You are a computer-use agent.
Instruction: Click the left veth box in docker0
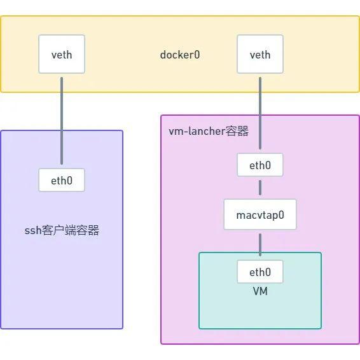62,55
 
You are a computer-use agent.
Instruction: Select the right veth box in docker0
260,55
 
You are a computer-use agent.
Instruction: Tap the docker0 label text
180,55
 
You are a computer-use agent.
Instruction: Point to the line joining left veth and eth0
62,121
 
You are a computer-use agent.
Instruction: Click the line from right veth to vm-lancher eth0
260,114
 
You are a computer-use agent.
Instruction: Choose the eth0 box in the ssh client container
62,181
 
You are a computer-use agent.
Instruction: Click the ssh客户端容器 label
62,230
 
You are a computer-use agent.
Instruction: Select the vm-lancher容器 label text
208,132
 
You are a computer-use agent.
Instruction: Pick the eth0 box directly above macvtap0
260,165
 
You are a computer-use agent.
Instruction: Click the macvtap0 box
260,215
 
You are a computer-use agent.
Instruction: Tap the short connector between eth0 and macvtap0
260,189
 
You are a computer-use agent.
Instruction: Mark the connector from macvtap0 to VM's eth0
260,245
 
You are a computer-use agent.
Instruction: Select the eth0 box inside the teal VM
260,272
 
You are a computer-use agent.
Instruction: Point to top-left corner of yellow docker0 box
1,17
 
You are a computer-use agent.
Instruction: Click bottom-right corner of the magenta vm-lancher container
359,343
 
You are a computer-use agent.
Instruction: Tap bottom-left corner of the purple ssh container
1,328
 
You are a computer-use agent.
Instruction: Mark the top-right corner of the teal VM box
321,253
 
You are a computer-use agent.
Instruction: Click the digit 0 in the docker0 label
197,55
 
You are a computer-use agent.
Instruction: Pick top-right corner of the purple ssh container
122,131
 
